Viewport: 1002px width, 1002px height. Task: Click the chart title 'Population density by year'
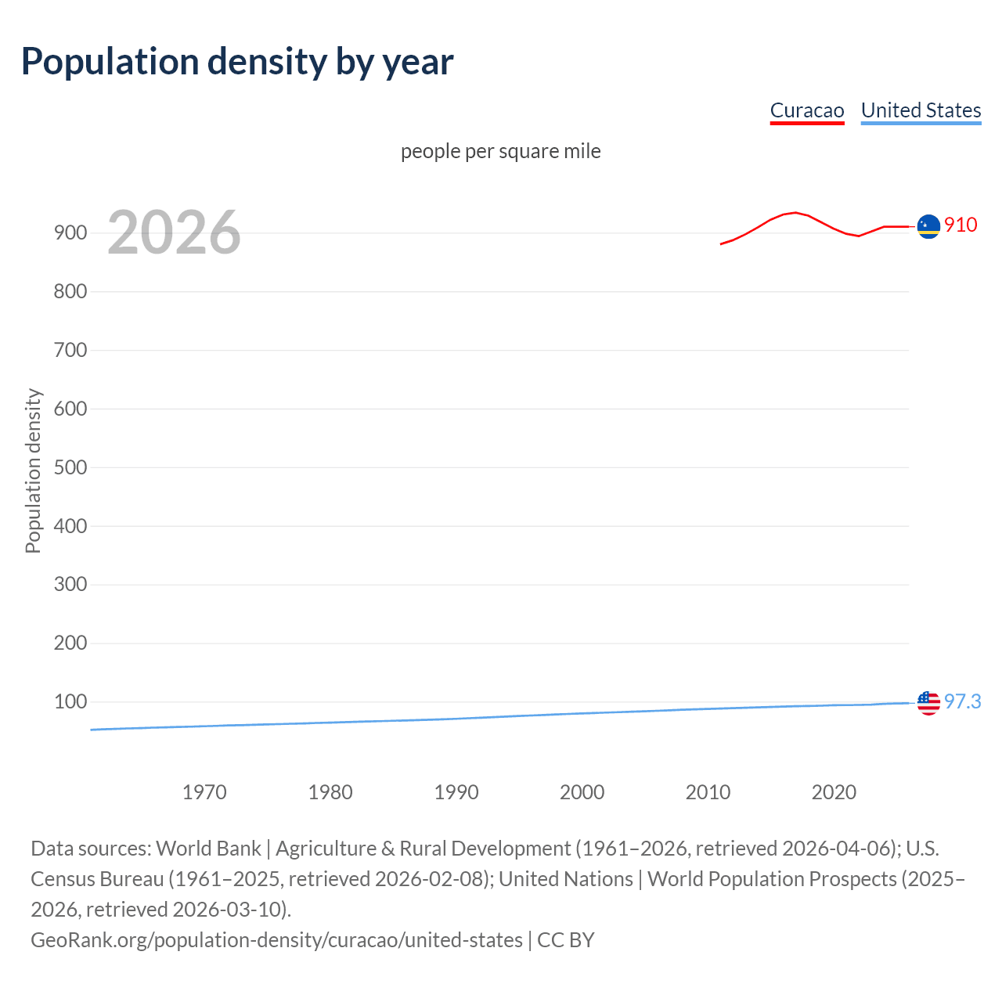(236, 62)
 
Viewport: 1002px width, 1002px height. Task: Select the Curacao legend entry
(806, 110)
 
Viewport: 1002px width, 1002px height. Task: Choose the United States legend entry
(921, 110)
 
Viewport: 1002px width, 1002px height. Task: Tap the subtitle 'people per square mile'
(500, 151)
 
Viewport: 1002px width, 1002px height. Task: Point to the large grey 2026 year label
(174, 232)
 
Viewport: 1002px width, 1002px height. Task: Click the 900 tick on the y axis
(70, 233)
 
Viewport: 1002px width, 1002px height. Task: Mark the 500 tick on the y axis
(70, 467)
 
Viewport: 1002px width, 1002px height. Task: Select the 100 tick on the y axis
(70, 701)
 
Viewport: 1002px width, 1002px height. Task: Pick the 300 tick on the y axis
(70, 585)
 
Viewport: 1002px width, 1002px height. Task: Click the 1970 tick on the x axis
(204, 792)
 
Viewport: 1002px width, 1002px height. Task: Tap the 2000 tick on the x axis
(582, 792)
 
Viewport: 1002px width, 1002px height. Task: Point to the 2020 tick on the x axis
(834, 792)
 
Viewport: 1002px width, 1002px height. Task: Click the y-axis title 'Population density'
(33, 471)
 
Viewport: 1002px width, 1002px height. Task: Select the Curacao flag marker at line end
(928, 226)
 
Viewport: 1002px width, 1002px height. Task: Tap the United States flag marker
(928, 703)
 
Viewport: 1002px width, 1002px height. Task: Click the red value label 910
(961, 225)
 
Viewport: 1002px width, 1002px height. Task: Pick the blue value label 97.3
(962, 701)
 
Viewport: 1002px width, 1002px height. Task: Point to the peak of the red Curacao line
(795, 212)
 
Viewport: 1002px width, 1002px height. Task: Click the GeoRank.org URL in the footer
(276, 939)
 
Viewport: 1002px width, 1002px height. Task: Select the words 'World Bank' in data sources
(208, 849)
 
